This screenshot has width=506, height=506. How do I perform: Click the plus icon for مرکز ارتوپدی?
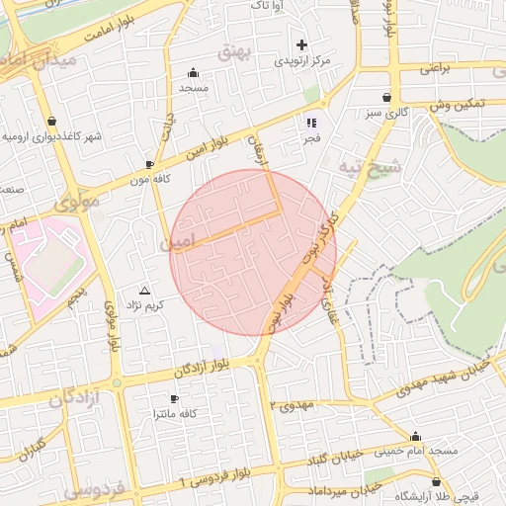pos(302,44)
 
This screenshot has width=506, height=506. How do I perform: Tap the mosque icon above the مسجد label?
pos(193,72)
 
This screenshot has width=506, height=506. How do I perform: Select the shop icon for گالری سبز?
pos(385,98)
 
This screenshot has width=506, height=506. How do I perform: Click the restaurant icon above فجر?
pos(311,123)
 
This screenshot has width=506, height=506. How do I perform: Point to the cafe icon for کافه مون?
pos(149,165)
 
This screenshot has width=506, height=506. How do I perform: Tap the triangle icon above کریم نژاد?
pos(145,291)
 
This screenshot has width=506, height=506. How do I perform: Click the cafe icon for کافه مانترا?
pos(174,399)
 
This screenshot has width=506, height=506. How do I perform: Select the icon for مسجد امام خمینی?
pos(415,436)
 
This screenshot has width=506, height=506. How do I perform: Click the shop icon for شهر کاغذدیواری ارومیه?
pos(50,122)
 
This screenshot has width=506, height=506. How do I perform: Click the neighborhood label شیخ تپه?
pos(371,162)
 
